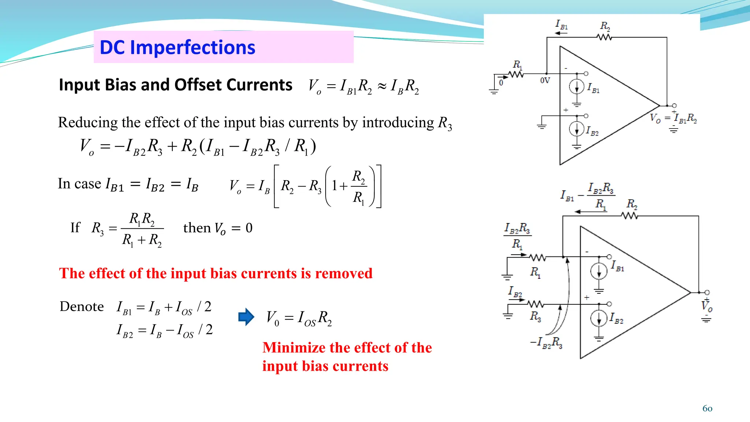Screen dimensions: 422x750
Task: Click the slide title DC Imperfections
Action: pyautogui.click(x=177, y=48)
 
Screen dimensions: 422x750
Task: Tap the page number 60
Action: pyautogui.click(x=707, y=408)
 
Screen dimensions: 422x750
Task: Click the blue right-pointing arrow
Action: pyautogui.click(x=246, y=317)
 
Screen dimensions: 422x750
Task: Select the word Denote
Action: pyautogui.click(x=82, y=307)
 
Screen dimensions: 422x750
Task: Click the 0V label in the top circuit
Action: pyautogui.click(x=545, y=81)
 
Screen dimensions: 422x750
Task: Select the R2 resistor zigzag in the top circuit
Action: pyautogui.click(x=604, y=37)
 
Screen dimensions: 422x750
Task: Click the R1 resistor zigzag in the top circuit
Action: pyautogui.click(x=516, y=74)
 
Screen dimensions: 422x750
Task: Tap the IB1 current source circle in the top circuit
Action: pyautogui.click(x=576, y=87)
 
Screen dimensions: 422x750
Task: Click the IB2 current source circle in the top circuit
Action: pyautogui.click(x=576, y=129)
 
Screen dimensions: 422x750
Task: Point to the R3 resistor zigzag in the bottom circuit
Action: pyautogui.click(x=536, y=304)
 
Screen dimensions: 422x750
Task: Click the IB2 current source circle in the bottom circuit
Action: pyautogui.click(x=599, y=318)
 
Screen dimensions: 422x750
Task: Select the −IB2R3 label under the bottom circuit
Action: pyautogui.click(x=546, y=343)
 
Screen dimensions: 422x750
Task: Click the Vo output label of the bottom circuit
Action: pyautogui.click(x=707, y=306)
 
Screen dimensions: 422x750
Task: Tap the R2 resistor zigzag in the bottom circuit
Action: pyautogui.click(x=630, y=216)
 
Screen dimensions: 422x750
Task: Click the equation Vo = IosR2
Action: pyautogui.click(x=299, y=318)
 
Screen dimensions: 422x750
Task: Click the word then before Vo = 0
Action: pyautogui.click(x=197, y=228)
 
